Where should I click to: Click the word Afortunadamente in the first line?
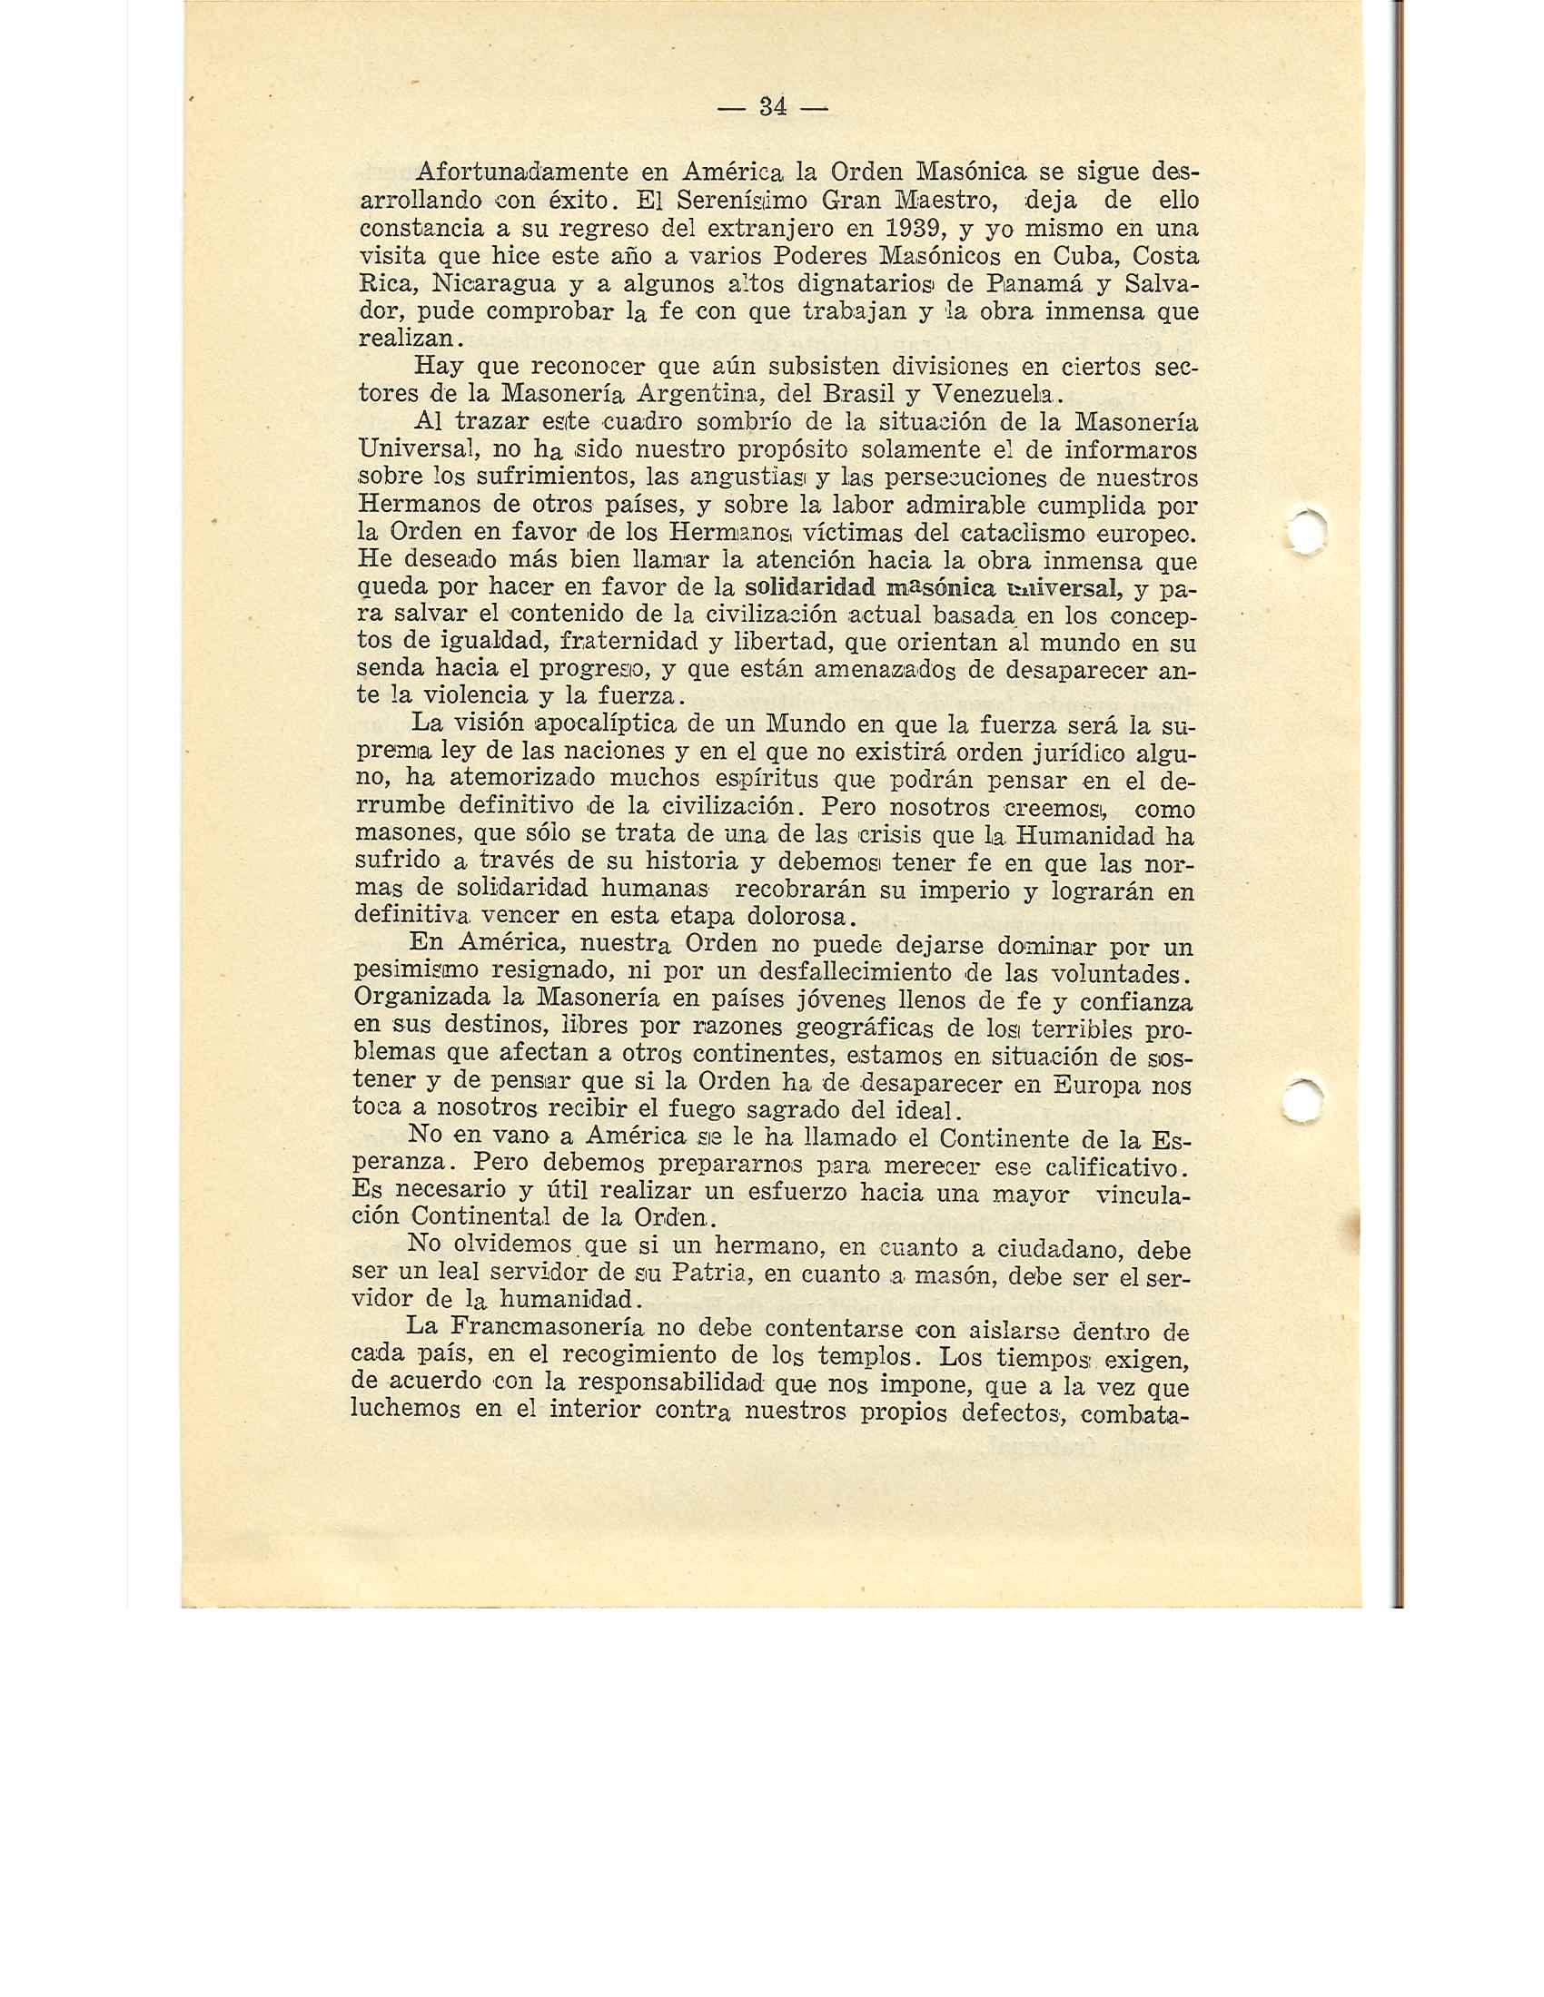click(x=521, y=172)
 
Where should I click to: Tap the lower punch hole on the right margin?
click(x=1302, y=1100)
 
